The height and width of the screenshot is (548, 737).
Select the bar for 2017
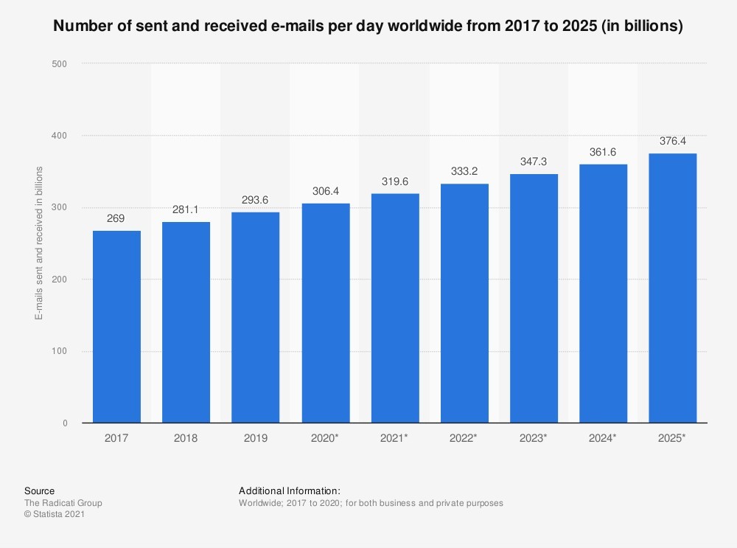pos(116,327)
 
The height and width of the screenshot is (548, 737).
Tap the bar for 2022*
pos(464,303)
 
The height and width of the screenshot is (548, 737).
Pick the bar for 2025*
pos(673,288)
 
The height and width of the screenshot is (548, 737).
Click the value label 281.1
pos(186,211)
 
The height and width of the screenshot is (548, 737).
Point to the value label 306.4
pos(325,193)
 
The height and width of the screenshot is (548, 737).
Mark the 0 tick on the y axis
pos(64,423)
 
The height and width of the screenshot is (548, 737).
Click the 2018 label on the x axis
pos(186,438)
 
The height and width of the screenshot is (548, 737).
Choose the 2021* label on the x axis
pos(395,438)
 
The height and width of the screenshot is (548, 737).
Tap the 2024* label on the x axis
pos(604,438)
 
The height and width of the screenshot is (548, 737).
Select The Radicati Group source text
pos(63,503)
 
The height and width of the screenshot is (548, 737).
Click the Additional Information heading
pos(290,490)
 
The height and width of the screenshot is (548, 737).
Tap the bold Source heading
pos(39,490)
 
